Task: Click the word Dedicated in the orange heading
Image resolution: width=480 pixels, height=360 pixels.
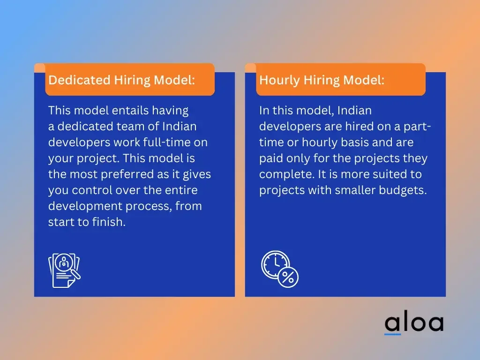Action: click(x=79, y=80)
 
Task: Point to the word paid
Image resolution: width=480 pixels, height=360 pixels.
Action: click(x=271, y=158)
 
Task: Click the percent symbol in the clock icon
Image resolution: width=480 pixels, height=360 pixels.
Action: click(x=288, y=277)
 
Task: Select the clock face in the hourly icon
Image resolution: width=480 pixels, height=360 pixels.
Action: click(x=275, y=265)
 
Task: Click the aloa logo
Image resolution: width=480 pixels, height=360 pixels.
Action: click(x=414, y=323)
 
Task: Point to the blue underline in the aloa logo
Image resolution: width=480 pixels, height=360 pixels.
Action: click(x=392, y=334)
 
